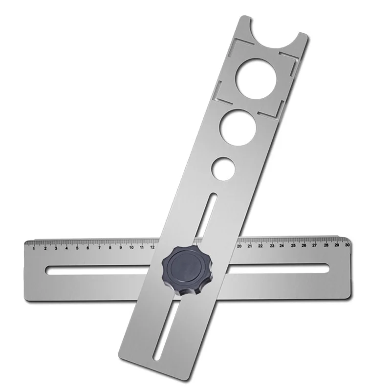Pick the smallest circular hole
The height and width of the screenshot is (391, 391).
click(223, 167)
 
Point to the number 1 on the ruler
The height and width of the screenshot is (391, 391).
click(34, 248)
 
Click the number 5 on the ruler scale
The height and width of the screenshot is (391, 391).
click(78, 248)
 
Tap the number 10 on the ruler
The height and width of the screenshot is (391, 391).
click(131, 247)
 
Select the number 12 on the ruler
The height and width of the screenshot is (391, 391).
click(152, 247)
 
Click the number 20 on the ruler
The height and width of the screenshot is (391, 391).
click(239, 246)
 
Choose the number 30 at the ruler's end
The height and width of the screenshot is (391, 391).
click(347, 245)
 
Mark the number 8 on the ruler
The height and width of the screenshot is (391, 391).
click(110, 248)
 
